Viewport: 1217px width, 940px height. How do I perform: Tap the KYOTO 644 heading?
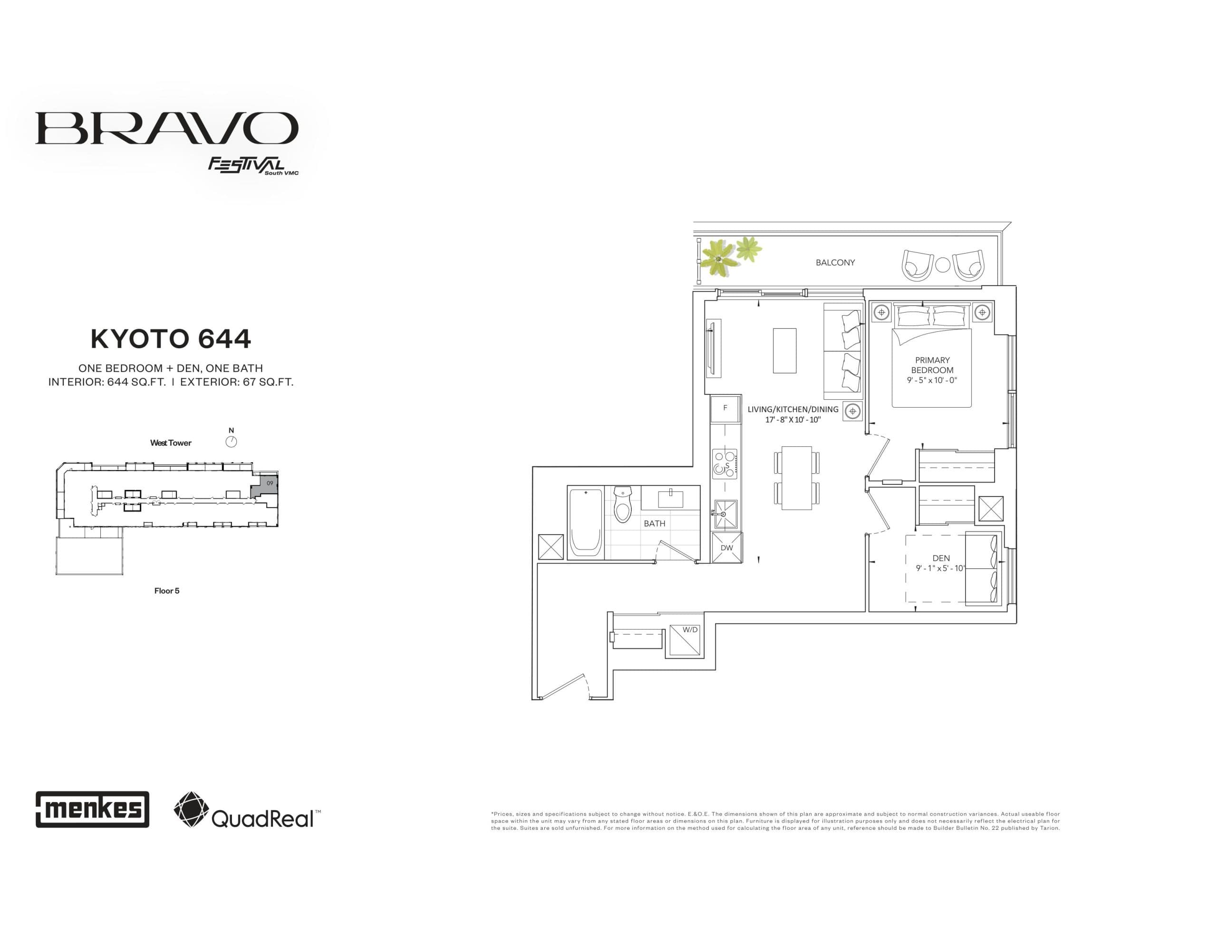171,339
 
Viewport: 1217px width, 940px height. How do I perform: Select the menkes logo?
93,809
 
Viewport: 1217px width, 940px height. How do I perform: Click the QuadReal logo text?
262,818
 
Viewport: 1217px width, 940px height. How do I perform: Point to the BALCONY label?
835,262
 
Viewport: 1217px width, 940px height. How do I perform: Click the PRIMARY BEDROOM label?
932,365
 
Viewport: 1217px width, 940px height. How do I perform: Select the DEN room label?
941,558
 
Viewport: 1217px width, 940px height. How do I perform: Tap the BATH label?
654,524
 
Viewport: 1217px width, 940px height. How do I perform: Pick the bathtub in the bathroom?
586,523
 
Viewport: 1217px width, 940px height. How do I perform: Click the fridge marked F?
725,408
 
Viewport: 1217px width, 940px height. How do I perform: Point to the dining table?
796,478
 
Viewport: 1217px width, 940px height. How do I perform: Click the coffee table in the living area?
784,350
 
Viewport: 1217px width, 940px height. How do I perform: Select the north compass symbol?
231,442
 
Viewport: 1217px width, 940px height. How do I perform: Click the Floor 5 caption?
166,591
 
